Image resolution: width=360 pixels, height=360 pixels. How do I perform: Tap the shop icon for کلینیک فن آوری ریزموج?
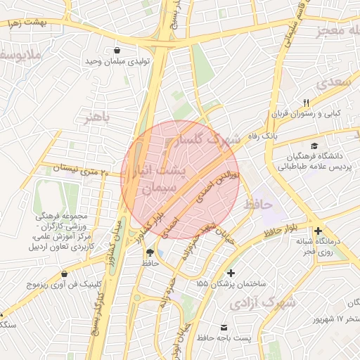(65, 274)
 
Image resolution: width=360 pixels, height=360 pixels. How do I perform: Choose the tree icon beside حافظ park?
(149, 252)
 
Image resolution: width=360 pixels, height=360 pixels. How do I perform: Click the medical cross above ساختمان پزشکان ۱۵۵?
(231, 273)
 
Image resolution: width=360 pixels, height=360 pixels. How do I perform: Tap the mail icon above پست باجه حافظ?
(224, 328)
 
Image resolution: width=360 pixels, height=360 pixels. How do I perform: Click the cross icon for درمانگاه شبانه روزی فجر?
(319, 231)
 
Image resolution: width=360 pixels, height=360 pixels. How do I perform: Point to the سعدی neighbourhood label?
(331, 83)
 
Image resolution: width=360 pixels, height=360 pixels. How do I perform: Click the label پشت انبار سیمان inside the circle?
(159, 179)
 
